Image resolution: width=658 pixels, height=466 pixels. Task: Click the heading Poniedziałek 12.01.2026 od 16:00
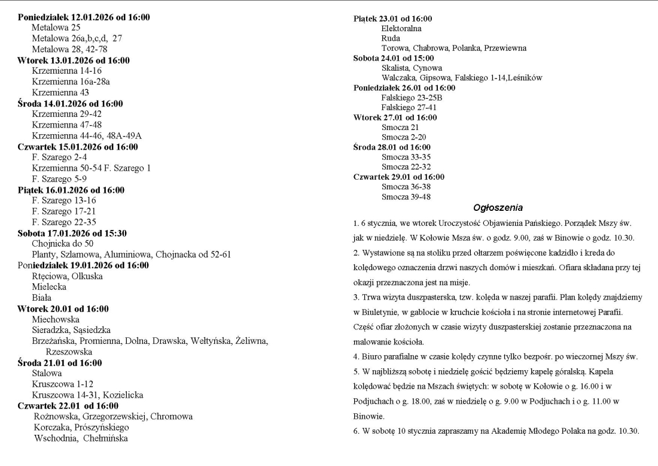(84, 17)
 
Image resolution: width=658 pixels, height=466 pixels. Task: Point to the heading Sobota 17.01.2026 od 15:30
(80, 233)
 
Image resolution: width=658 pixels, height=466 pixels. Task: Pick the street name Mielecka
(49, 286)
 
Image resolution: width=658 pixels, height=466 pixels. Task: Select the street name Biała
(42, 297)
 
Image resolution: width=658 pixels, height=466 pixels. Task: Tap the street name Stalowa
(47, 373)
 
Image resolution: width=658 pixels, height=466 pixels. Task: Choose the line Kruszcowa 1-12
(62, 384)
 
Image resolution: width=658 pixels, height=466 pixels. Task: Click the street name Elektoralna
(401, 28)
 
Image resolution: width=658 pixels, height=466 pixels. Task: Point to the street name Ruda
(391, 38)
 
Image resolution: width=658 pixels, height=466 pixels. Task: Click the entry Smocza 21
(400, 127)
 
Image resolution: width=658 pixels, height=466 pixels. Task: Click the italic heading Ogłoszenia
(498, 208)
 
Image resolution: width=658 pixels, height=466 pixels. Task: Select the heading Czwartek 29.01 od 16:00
(399, 177)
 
